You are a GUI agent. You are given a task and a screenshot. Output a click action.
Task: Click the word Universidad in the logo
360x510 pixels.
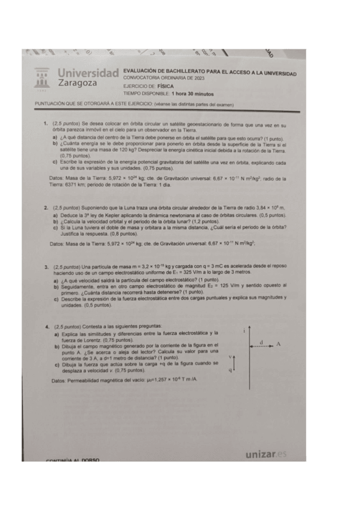(x=88, y=72)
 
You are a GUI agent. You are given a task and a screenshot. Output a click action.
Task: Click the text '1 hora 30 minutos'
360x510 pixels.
(x=192, y=94)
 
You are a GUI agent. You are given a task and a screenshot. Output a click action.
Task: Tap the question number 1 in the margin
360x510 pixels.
(x=46, y=123)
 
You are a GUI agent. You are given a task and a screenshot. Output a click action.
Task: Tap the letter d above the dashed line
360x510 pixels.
(x=262, y=341)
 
